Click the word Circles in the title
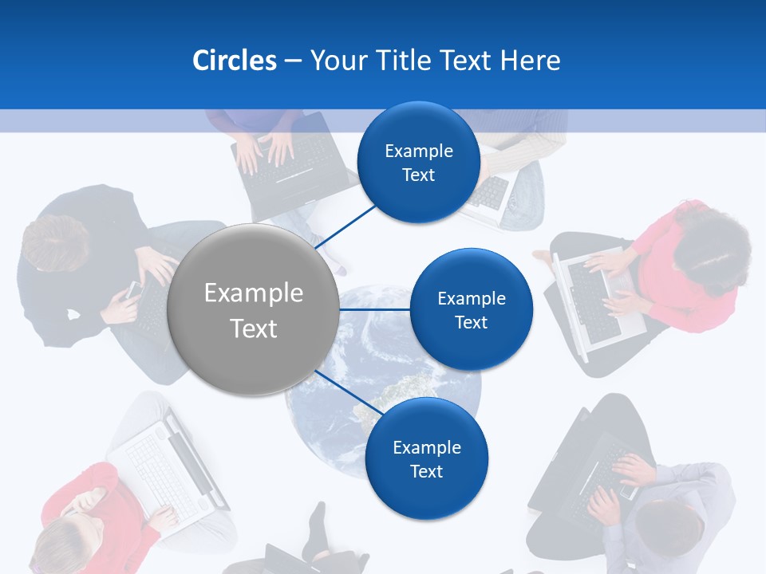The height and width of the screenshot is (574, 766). click(x=234, y=61)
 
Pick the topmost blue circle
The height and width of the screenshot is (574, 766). click(x=418, y=163)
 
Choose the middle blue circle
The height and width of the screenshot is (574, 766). click(x=471, y=309)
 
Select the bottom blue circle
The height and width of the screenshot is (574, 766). click(x=426, y=459)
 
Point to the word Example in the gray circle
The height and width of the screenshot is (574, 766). click(x=254, y=293)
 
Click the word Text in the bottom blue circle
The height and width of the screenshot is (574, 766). click(x=426, y=471)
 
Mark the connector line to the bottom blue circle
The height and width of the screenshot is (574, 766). click(x=346, y=392)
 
